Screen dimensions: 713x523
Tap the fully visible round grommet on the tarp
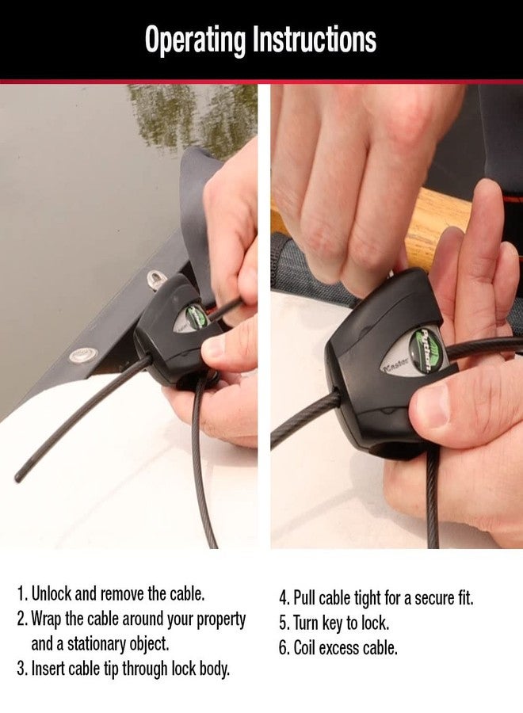(81, 354)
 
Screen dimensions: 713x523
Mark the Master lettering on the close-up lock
(393, 367)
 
